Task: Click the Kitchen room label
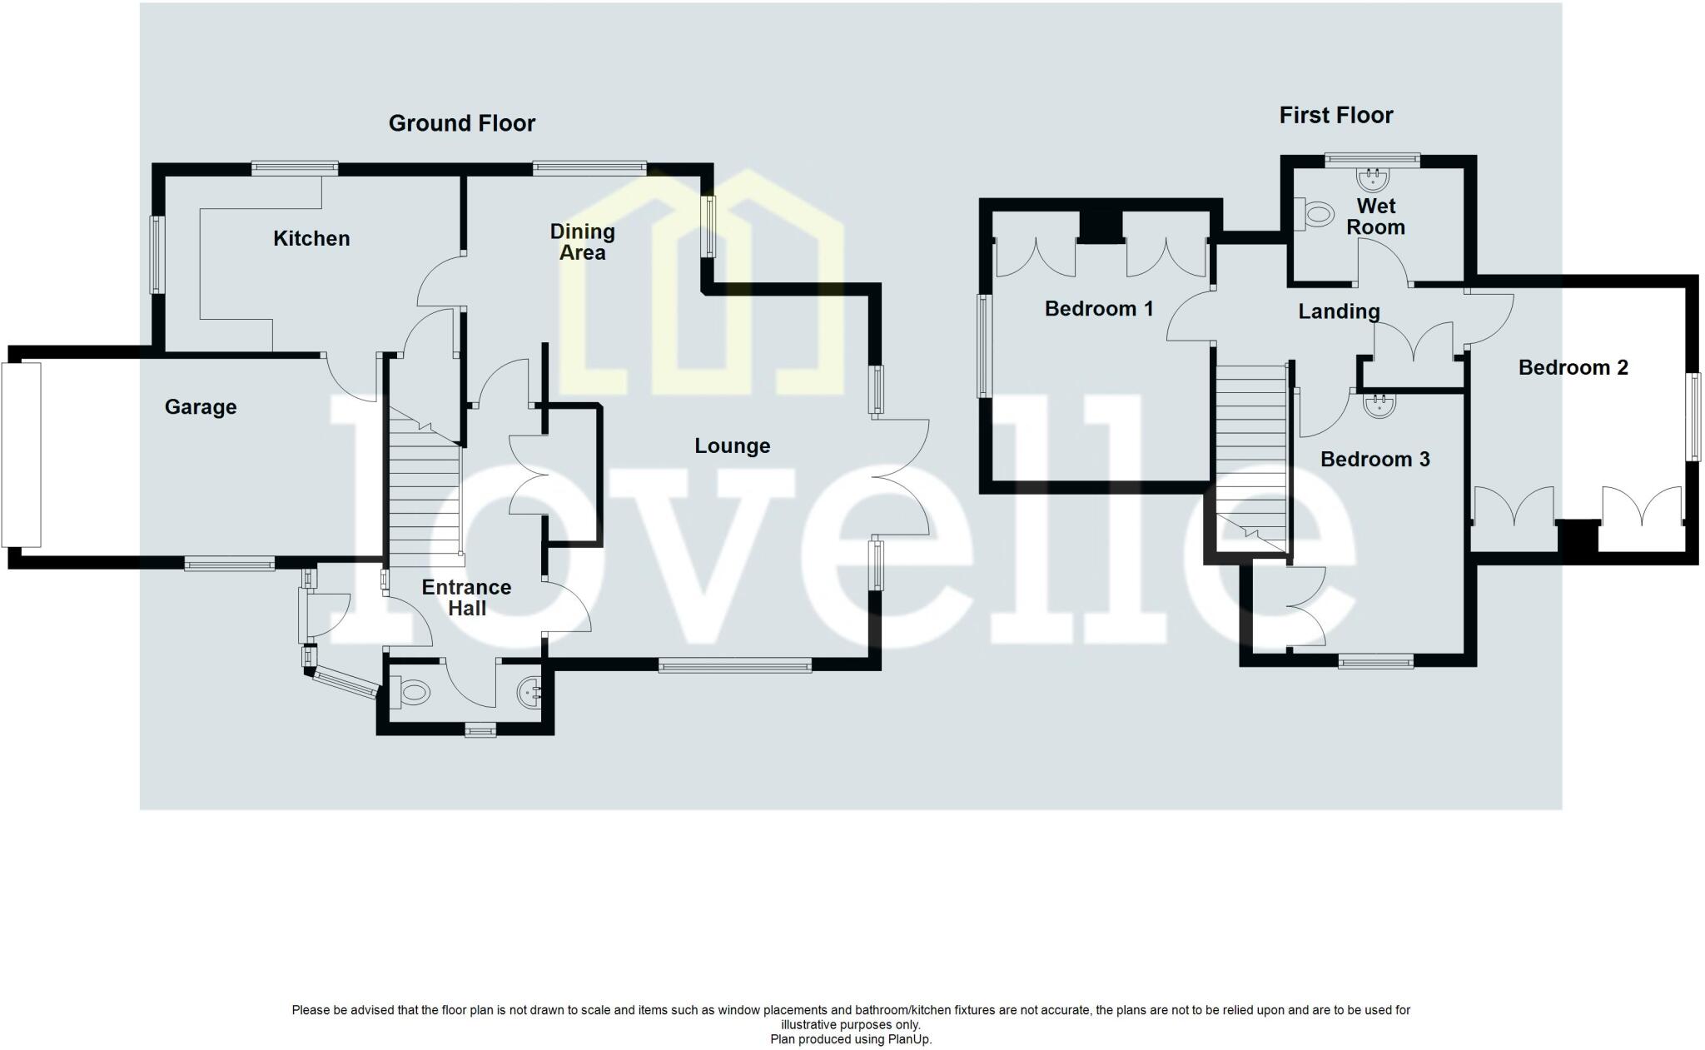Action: coord(311,239)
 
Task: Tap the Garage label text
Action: coord(201,407)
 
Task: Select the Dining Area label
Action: coord(582,242)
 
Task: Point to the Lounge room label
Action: coord(733,446)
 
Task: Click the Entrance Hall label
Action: coord(466,598)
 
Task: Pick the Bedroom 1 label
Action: coord(1099,309)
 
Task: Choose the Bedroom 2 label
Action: coord(1573,368)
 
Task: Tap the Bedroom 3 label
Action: coord(1374,460)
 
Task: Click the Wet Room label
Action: coord(1375,216)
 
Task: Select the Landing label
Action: coord(1339,311)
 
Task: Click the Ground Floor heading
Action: coord(462,123)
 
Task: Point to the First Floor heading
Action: coord(1335,115)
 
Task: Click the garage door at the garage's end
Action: coord(21,454)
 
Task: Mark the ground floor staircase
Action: coord(425,491)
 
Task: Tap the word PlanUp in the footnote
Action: coord(913,1039)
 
